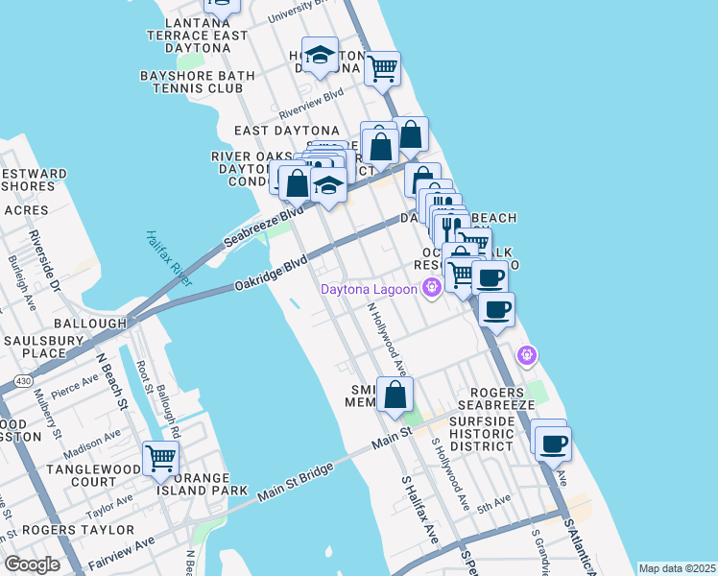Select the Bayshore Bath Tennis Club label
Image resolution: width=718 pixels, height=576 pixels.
coord(198,82)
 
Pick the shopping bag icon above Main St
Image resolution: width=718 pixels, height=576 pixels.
coord(395,394)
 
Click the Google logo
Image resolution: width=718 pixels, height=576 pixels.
coord(32,564)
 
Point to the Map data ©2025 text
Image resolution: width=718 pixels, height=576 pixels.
coord(677,568)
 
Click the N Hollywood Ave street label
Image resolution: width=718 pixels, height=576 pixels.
coord(388,340)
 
